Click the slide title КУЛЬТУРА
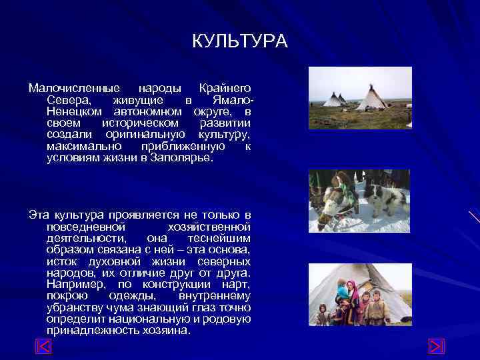[x=240, y=41]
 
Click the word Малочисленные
[x=74, y=89]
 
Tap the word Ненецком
[x=74, y=111]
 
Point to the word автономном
[x=147, y=111]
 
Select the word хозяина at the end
[x=165, y=330]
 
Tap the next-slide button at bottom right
[x=435, y=347]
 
